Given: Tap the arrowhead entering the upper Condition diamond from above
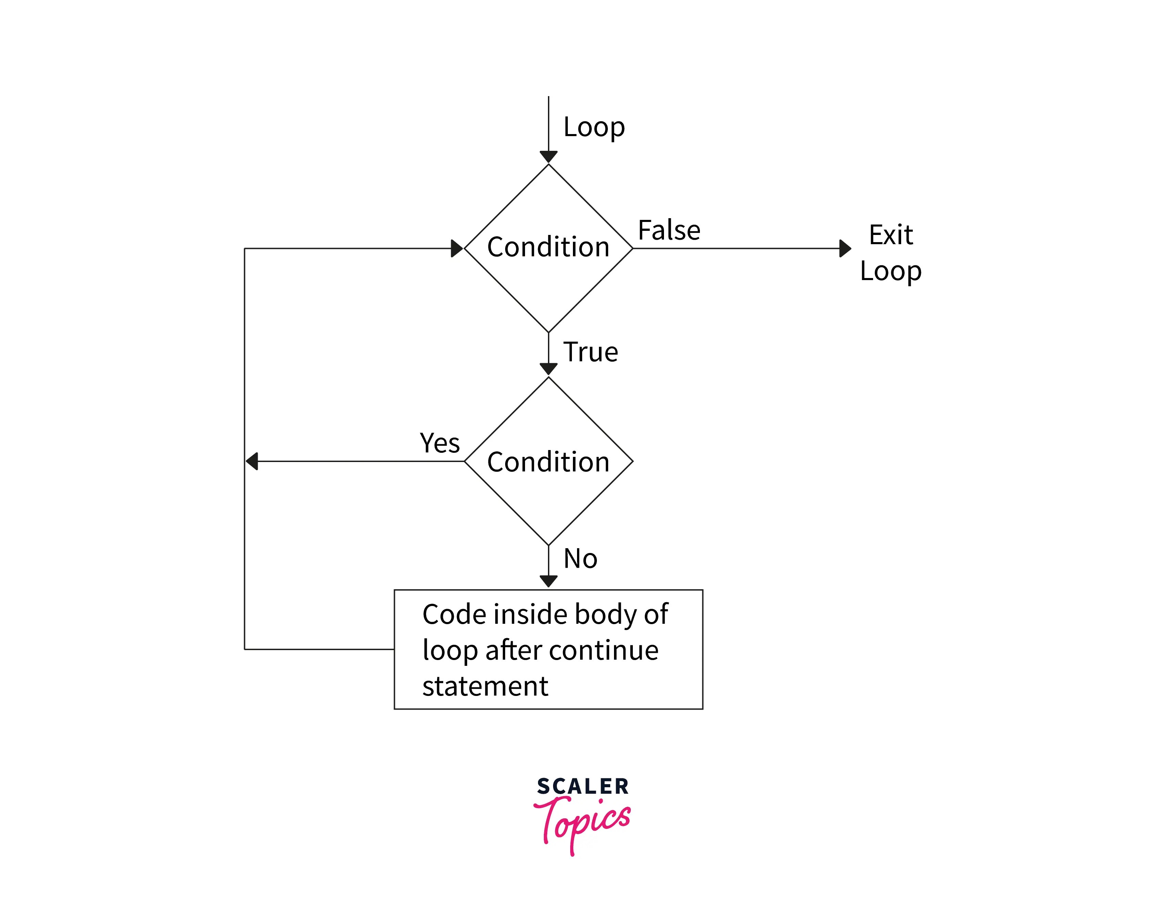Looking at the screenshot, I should click(x=549, y=156).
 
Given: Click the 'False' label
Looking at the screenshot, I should click(x=669, y=230).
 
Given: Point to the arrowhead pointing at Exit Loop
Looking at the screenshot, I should click(x=845, y=249).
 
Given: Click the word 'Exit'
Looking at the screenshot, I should click(x=891, y=235).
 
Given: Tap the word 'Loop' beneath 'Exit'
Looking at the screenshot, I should click(x=891, y=271).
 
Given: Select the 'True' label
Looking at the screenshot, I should click(x=591, y=352).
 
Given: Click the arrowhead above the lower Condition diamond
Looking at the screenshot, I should click(x=549, y=369).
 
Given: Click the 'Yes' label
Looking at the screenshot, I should click(x=439, y=444).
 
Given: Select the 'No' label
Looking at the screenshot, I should click(x=580, y=559).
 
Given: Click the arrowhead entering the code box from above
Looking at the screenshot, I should click(x=549, y=581).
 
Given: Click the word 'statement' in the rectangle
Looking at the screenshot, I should click(x=485, y=687).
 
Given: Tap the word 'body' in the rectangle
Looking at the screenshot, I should click(x=605, y=615).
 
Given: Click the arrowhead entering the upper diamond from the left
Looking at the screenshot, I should click(x=457, y=249).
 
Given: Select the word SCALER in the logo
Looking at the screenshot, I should click(x=583, y=787).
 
